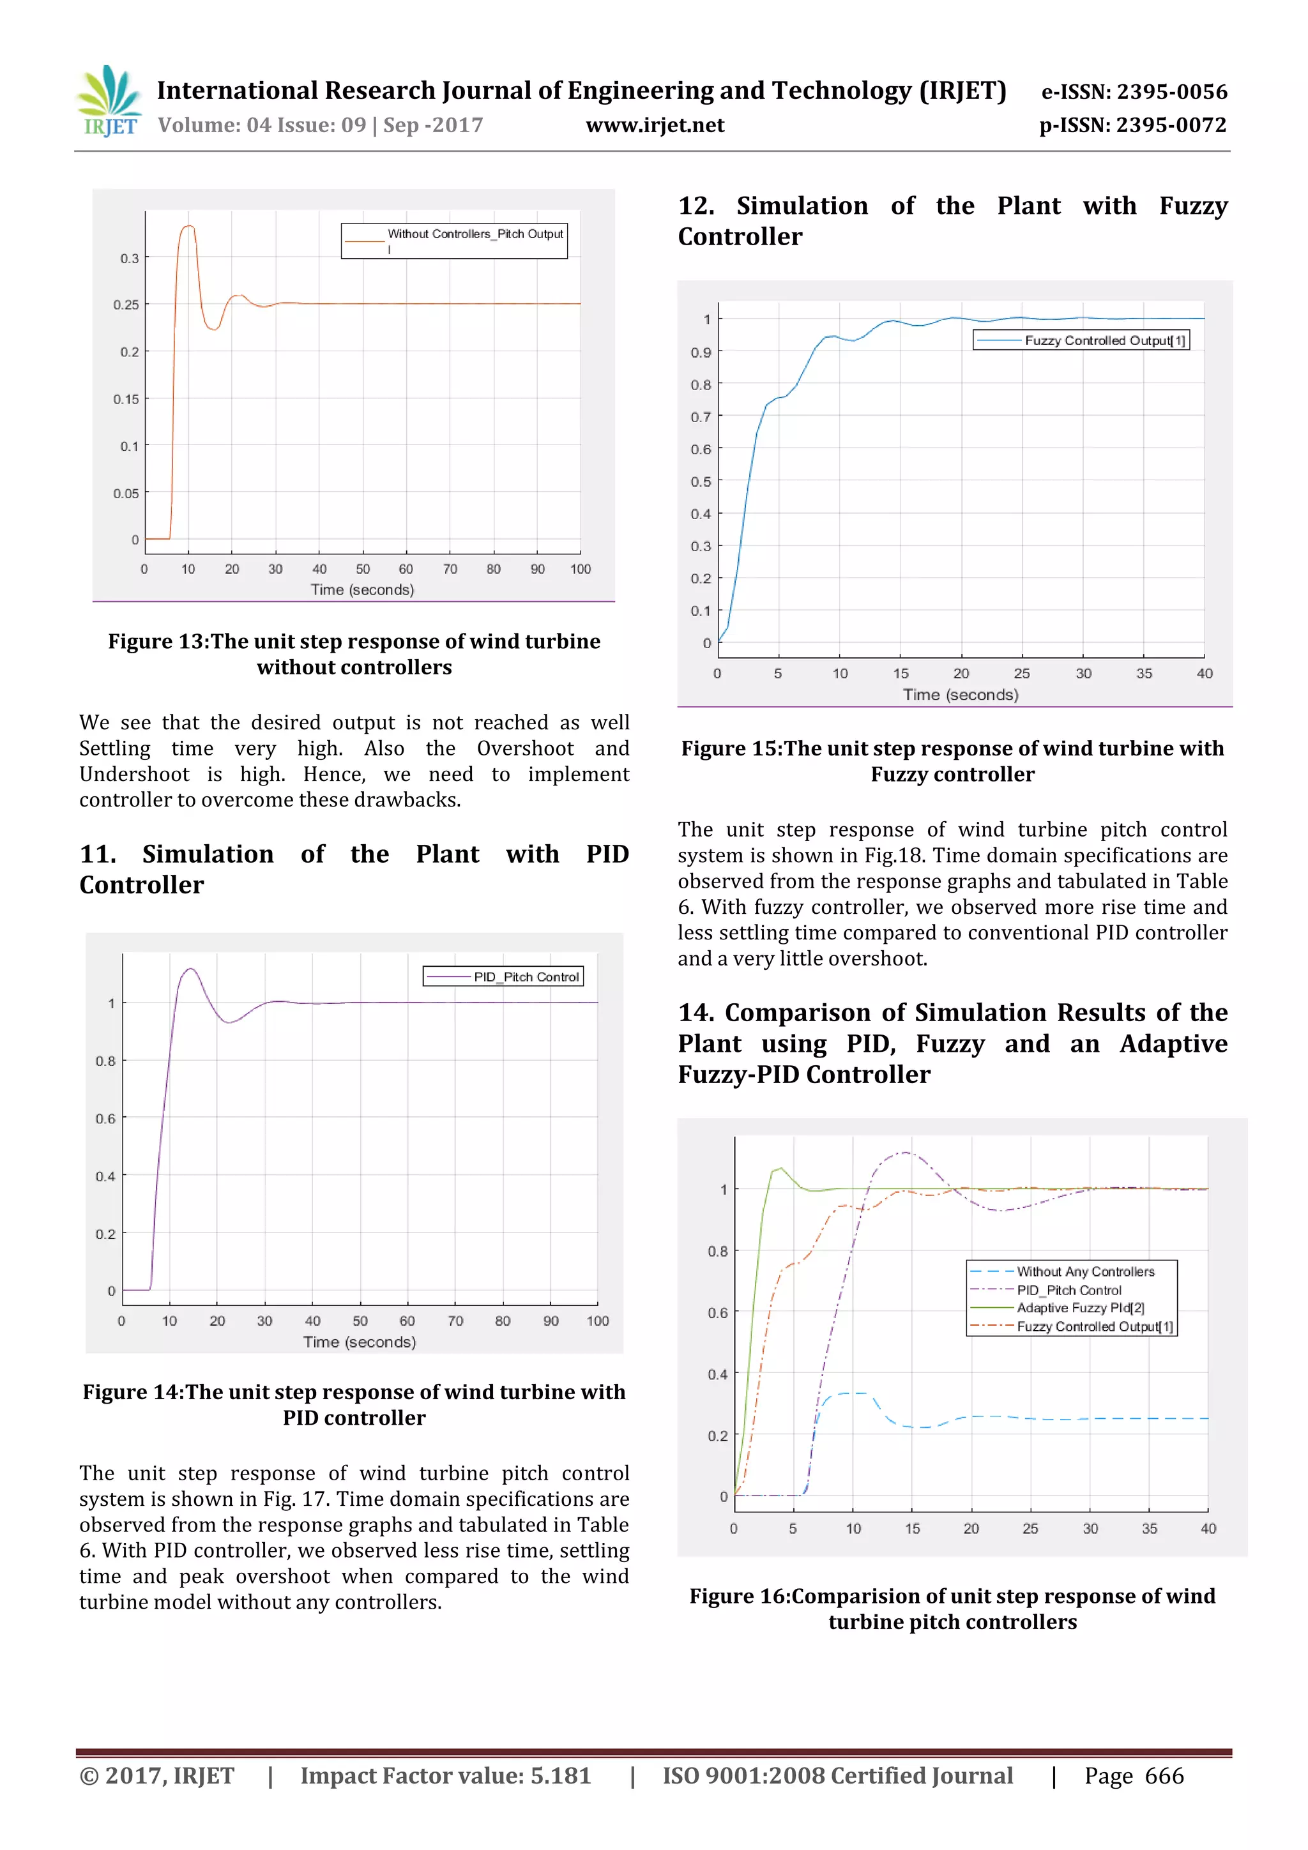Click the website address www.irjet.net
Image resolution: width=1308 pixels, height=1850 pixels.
[655, 126]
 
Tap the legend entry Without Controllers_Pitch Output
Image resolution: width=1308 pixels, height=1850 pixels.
[475, 234]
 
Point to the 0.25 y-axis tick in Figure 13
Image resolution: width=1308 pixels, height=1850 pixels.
[126, 305]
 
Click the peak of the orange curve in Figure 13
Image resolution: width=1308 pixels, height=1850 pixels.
[188, 227]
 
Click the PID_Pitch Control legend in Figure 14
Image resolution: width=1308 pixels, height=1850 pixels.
[526, 976]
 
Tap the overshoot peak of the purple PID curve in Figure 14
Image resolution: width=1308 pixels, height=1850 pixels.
[190, 969]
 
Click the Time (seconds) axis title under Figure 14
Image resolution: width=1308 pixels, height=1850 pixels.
[360, 1342]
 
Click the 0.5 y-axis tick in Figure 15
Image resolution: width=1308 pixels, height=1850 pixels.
[701, 482]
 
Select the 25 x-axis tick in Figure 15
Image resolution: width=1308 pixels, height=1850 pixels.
[1022, 674]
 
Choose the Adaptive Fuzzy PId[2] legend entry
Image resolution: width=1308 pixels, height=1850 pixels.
[1080, 1308]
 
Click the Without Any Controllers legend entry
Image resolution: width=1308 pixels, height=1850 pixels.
[1084, 1271]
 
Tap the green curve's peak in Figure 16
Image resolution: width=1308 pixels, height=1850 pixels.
[779, 1169]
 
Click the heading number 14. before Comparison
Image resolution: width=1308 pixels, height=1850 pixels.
[696, 1013]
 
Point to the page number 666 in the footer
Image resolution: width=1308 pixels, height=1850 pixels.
[1164, 1776]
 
